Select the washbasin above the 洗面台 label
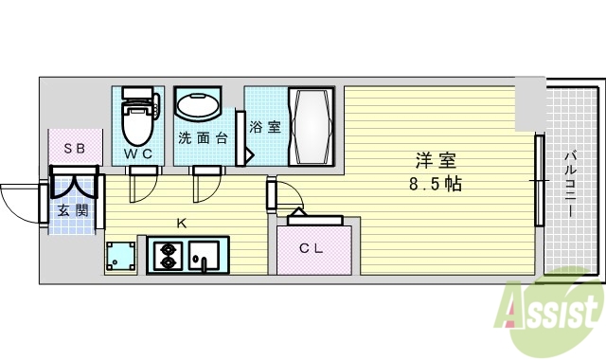click(x=198, y=107)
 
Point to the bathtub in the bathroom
click(x=310, y=126)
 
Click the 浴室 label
click(x=265, y=126)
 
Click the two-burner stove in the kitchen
click(x=167, y=256)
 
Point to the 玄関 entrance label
click(x=73, y=210)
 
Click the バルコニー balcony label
click(x=571, y=185)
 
